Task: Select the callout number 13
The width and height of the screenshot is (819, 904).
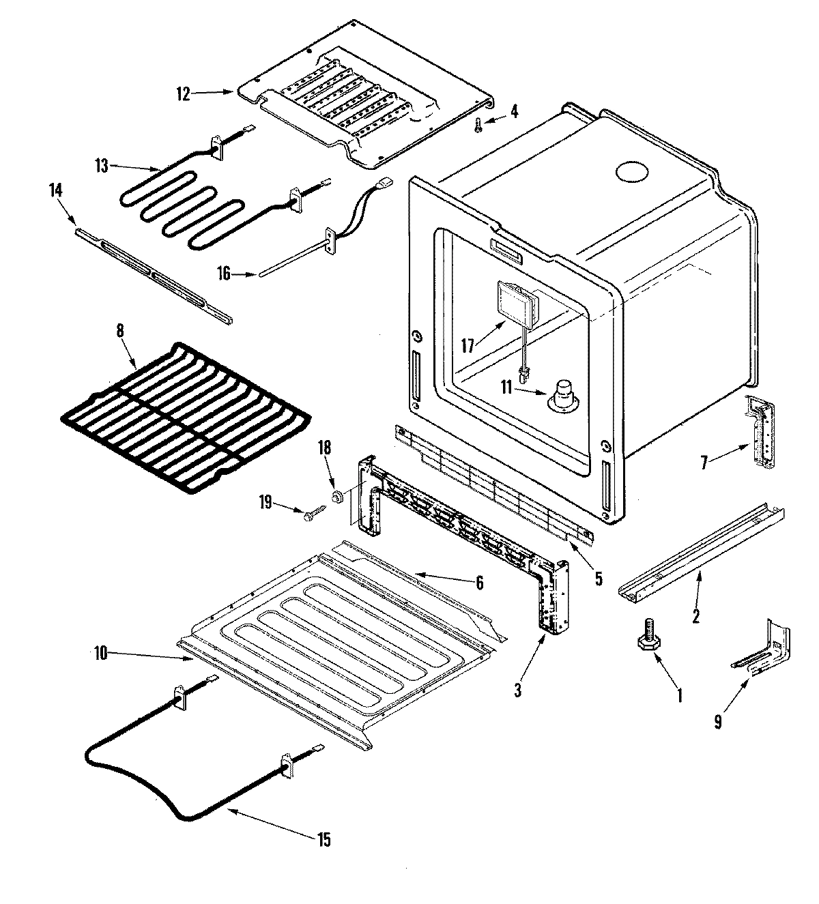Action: [x=102, y=166]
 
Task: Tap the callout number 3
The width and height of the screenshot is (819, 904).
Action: [x=518, y=691]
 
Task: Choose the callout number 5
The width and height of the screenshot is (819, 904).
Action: [x=598, y=578]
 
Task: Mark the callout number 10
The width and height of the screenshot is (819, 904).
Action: [x=100, y=653]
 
